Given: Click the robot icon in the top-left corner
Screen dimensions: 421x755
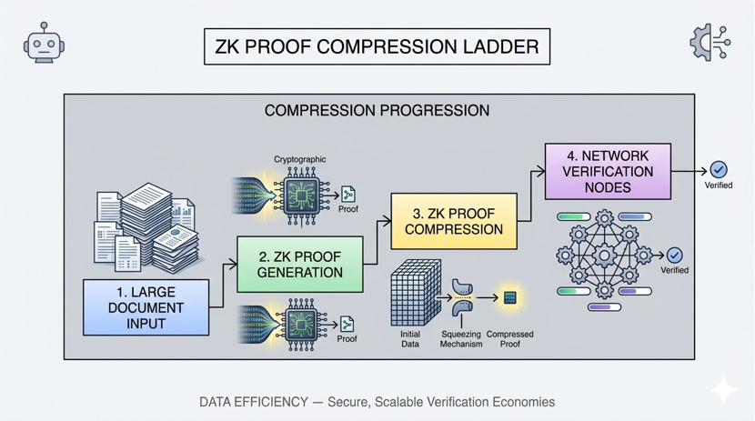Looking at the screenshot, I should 44,44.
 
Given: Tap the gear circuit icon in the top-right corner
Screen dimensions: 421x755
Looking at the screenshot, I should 710,43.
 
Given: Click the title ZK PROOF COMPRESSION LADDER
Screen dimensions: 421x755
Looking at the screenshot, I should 377,46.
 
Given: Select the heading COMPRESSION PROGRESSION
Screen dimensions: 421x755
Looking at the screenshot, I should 377,111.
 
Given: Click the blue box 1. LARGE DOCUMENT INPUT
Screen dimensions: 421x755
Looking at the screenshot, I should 146,307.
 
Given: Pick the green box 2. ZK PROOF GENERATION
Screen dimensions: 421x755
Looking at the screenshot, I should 299,264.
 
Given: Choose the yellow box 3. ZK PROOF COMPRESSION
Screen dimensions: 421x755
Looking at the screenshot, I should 453,221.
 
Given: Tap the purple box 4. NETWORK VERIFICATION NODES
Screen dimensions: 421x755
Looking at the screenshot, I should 607,171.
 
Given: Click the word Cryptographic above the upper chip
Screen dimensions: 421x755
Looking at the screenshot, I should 300,159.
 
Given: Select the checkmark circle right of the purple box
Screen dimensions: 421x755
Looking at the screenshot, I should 719,169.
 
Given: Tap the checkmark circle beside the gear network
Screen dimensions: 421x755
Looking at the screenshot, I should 674,256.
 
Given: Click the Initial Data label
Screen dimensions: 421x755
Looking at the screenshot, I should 410,339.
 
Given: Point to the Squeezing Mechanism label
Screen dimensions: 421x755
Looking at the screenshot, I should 461,339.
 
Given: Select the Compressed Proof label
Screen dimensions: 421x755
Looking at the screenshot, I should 510,339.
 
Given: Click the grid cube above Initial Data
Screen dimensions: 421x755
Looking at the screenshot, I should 416,293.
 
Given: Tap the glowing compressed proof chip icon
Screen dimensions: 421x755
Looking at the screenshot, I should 510,297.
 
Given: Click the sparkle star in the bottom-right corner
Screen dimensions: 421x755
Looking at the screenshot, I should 724,389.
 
